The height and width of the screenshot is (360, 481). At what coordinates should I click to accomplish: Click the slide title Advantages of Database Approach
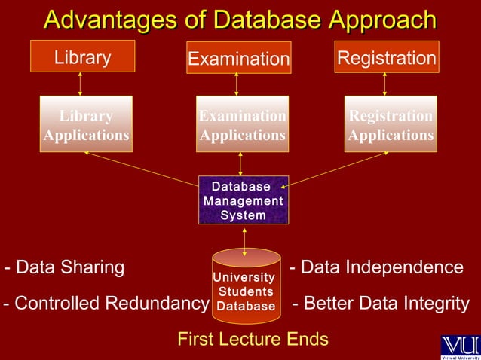240,20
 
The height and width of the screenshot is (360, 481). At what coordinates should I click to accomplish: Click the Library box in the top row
82,58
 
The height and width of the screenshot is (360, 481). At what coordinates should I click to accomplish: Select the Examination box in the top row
238,59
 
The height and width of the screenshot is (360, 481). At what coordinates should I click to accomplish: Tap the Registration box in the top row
386,58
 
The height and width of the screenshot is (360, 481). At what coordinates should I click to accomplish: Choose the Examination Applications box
241,124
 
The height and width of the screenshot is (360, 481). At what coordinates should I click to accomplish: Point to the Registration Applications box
390,124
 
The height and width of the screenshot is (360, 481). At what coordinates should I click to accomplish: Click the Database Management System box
243,200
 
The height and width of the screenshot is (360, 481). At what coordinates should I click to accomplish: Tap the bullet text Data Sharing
65,267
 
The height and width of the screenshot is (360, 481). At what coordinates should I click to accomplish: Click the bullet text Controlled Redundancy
106,304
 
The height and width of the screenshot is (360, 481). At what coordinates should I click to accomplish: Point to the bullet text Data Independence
376,267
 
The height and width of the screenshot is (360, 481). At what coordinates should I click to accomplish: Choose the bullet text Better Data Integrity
380,304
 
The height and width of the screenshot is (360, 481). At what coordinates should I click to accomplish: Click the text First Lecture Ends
253,340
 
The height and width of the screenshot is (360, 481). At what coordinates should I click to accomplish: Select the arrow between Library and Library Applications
81,85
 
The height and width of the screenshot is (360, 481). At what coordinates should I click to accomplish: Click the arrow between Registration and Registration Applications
385,85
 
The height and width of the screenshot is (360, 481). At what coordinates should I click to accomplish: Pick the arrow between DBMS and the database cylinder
244,237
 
